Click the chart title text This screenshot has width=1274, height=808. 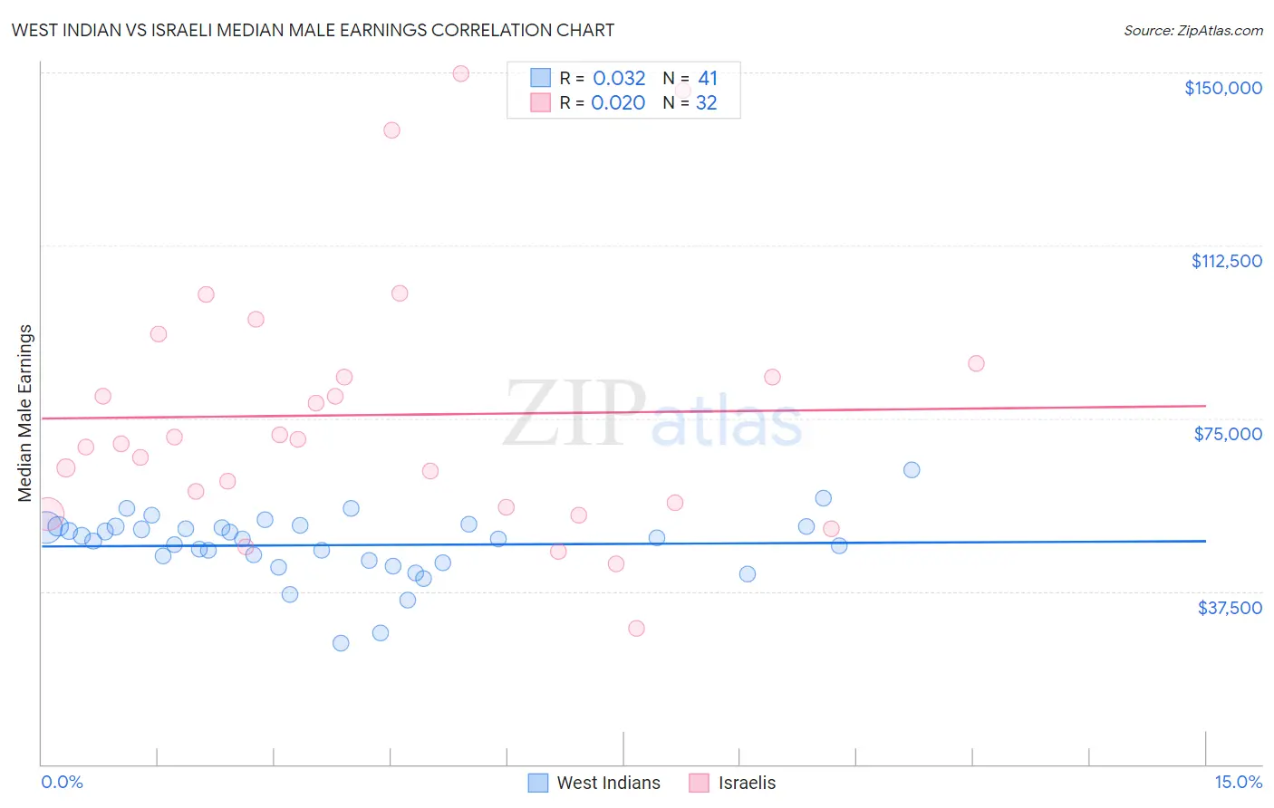pos(313,30)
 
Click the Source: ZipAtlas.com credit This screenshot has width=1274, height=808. pos(1192,30)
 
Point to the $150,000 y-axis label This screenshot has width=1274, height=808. pos(1222,88)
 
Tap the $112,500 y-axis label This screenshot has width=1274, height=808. pos(1226,261)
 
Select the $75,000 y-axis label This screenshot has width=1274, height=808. pos(1227,434)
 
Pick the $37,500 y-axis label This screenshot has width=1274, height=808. pos(1229,608)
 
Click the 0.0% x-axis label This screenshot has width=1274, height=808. pos(62,782)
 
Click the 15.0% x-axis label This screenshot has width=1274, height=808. pos(1238,782)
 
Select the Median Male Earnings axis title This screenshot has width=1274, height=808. pos(24,412)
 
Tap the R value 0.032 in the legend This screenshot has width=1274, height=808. pos(619,78)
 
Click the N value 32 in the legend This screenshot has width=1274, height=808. pos(706,103)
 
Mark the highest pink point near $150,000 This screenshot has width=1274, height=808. pos(460,73)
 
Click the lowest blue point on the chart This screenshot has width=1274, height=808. pos(341,643)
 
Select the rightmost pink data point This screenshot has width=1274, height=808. pos(976,363)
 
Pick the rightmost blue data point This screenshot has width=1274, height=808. pos(912,470)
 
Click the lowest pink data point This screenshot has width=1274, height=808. pos(636,629)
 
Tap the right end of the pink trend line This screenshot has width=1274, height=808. pos(1205,406)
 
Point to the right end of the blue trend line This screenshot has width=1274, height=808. pos(1205,541)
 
